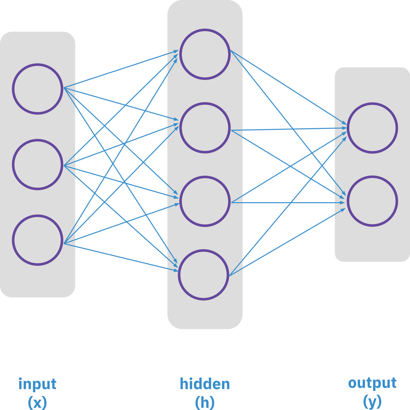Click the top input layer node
click(x=37, y=89)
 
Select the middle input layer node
click(x=37, y=164)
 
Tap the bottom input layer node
click(x=37, y=240)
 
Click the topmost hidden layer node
click(x=205, y=54)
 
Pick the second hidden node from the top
click(x=205, y=128)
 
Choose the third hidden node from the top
click(x=205, y=201)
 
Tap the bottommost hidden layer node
click(x=203, y=275)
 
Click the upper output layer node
click(x=372, y=128)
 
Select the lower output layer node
click(x=372, y=201)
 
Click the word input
click(x=37, y=384)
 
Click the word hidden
click(x=205, y=384)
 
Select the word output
click(x=372, y=383)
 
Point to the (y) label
click(x=372, y=402)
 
